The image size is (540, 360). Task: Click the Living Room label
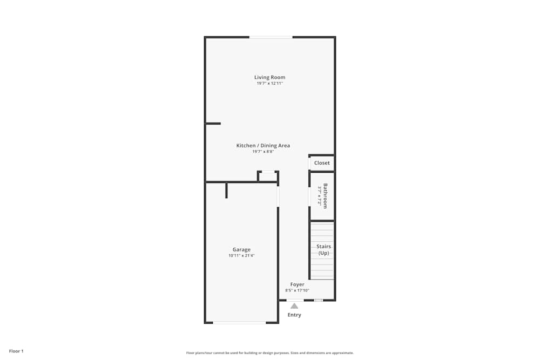[269, 77]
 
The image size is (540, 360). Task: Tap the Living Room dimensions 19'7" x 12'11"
[269, 83]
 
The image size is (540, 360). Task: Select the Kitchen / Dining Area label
[263, 146]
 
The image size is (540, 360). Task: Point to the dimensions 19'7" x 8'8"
[263, 152]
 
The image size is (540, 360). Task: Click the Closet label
[322, 163]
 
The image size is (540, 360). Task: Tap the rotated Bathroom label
[326, 196]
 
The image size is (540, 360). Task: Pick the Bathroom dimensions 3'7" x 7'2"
[320, 196]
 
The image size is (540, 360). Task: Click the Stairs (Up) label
[323, 249]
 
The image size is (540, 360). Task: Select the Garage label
[241, 249]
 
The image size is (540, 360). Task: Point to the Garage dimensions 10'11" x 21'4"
[241, 255]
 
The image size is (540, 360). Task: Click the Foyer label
[297, 284]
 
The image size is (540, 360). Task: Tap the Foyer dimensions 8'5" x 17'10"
[297, 290]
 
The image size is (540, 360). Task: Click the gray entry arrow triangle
[294, 306]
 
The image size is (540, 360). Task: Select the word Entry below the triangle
[294, 315]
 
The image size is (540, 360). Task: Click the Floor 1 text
[16, 351]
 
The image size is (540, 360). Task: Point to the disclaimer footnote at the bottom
[269, 353]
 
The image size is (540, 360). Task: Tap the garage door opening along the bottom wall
[239, 322]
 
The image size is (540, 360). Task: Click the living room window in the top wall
[271, 37]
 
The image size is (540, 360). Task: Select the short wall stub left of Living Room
[213, 124]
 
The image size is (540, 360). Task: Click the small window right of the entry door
[319, 300]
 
